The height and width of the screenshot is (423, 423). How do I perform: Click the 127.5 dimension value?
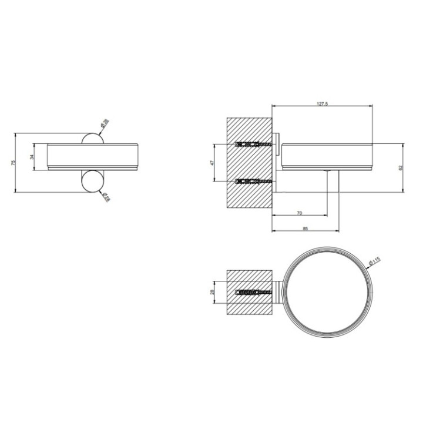point(321,103)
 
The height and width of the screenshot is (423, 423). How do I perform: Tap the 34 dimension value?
point(33,157)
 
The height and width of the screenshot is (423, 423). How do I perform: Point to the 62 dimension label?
point(401,167)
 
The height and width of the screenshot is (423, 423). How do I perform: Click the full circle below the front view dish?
point(92,181)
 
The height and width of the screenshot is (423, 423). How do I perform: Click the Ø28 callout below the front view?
point(106,198)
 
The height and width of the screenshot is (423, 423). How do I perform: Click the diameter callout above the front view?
point(105,123)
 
